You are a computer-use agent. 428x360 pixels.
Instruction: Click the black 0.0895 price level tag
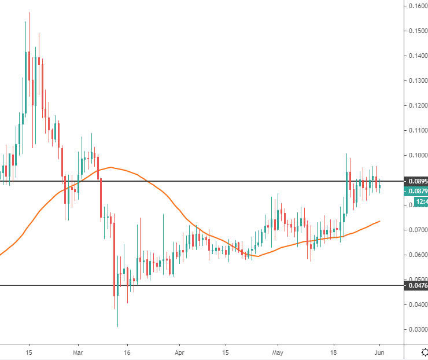pos(416,181)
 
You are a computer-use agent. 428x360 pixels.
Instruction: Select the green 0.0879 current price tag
pos(416,191)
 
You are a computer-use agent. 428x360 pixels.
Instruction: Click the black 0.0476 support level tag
pos(416,285)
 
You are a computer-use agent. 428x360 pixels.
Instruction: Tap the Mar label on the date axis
pos(79,351)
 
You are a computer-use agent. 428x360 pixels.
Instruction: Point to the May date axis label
pos(278,351)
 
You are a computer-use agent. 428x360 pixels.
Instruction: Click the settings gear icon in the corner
pos(423,351)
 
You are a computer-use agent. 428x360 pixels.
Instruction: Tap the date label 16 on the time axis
pos(128,351)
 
